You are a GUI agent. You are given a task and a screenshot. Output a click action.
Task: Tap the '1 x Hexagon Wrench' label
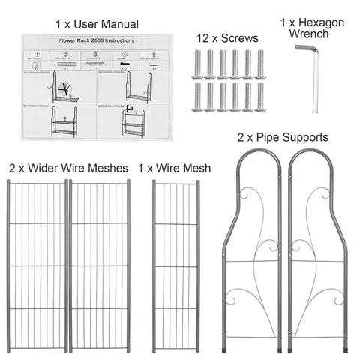pos(311,28)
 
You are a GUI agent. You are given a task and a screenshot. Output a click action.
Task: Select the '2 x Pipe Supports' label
pos(283,137)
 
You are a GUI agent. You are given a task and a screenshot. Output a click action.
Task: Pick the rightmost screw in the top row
pos(261,64)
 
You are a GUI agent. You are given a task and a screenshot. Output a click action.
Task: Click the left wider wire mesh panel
pos(37,266)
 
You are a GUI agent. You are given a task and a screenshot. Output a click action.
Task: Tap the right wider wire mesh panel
pos(100,266)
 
